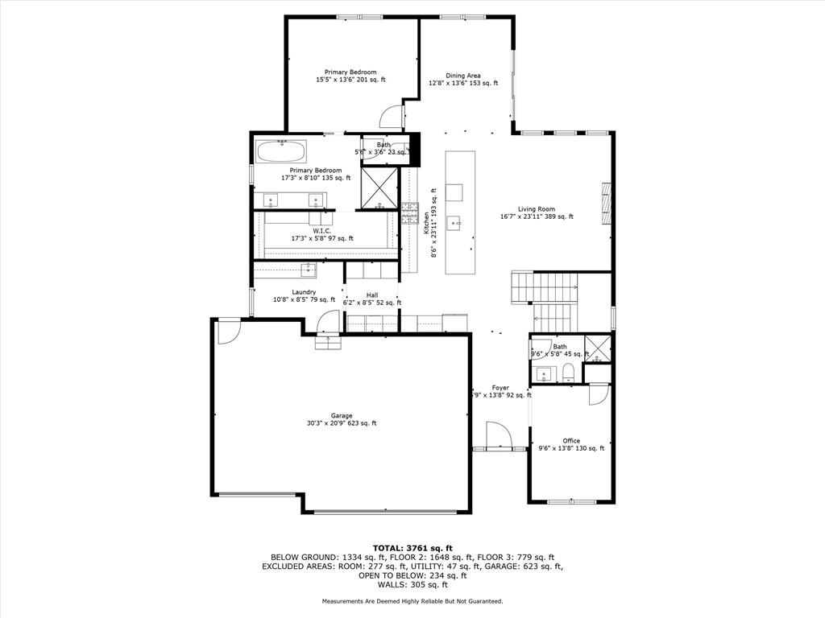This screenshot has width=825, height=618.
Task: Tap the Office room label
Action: pos(571,441)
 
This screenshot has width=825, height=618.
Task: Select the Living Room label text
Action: pos(537,209)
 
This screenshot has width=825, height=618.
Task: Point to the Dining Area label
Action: pos(463,76)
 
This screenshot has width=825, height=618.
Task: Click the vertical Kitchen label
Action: pos(427,223)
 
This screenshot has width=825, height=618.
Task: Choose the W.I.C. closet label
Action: pos(321,231)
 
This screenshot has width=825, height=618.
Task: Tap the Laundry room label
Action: pos(304,292)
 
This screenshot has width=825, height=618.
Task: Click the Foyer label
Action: pos(500,388)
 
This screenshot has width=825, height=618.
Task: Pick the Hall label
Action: pos(371,295)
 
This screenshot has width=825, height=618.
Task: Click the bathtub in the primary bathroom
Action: pos(280,150)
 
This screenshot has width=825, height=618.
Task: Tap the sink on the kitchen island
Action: pos(454,221)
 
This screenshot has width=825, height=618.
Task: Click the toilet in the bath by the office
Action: pos(568,372)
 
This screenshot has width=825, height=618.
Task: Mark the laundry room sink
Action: pos(308,269)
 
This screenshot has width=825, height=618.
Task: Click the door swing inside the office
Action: pos(599,394)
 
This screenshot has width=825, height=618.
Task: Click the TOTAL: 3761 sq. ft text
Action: pos(412,547)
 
